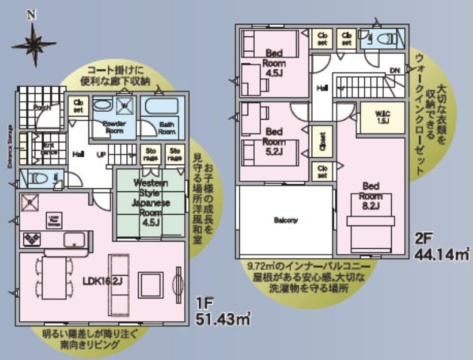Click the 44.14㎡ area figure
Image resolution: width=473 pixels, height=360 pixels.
441,255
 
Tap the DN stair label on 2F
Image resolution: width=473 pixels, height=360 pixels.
394,71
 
